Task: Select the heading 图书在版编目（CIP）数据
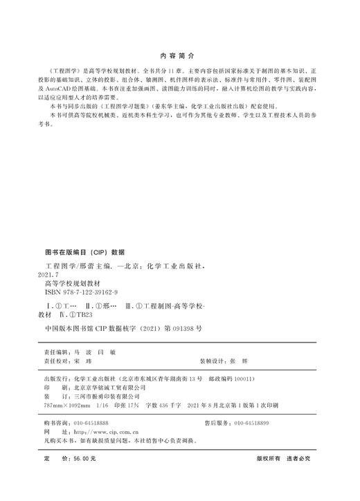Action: point(84,252)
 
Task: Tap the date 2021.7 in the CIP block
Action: point(55,274)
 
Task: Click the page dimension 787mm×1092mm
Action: point(69,406)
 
